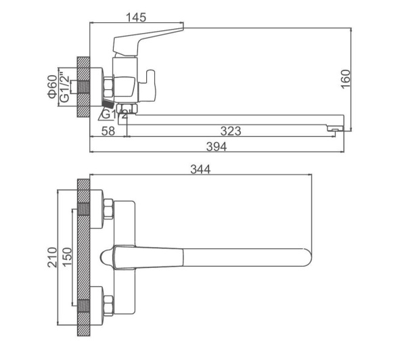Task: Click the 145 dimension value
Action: [136, 18]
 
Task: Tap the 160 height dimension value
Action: [345, 79]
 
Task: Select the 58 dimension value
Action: [108, 131]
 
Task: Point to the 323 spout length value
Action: [231, 131]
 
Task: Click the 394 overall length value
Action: [217, 147]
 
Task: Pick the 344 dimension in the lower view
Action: [200, 169]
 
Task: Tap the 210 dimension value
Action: [52, 257]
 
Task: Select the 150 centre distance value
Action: [67, 257]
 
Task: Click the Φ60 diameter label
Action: [52, 87]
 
